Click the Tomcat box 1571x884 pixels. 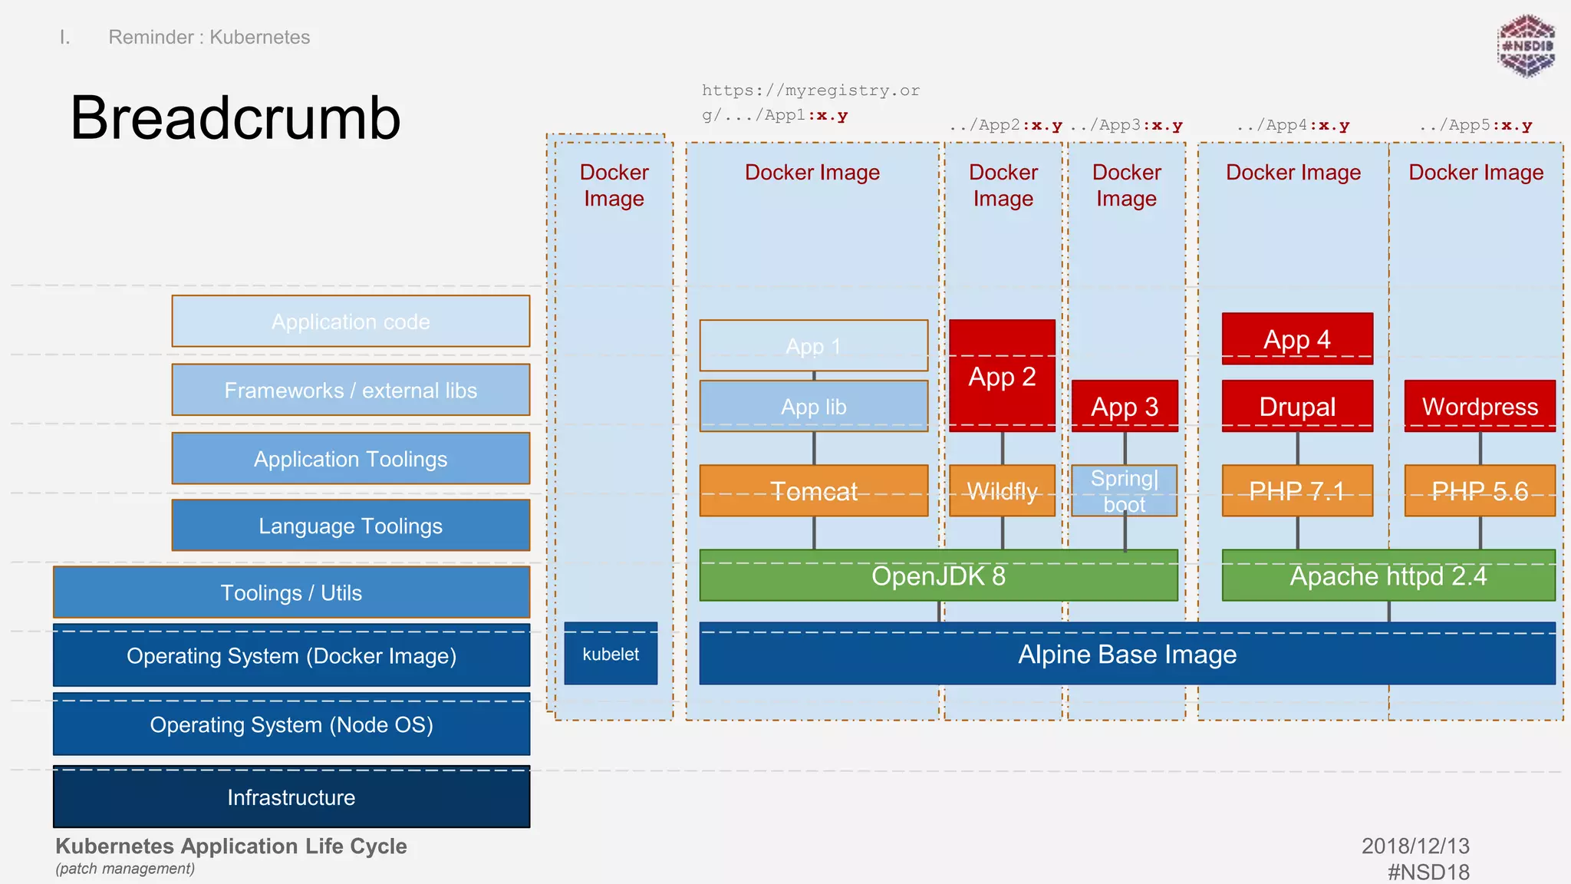click(x=813, y=491)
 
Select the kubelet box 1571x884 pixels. click(x=611, y=654)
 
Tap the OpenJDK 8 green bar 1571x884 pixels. click(x=937, y=576)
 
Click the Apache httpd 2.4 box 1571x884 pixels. click(x=1388, y=576)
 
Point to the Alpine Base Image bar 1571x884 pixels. click(x=1126, y=654)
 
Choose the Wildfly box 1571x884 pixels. click(x=1002, y=491)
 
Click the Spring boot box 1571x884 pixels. click(x=1124, y=491)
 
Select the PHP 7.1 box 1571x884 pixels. click(x=1296, y=491)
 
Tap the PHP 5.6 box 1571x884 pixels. click(x=1479, y=491)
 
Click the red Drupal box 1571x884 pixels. click(x=1296, y=406)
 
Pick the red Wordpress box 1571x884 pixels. click(x=1479, y=406)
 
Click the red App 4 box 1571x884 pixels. click(x=1296, y=338)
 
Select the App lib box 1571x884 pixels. click(x=813, y=407)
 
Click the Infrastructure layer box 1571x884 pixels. click(x=291, y=797)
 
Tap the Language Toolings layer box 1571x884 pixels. click(x=351, y=526)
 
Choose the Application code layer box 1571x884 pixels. click(x=351, y=322)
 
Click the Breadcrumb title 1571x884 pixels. click(x=235, y=118)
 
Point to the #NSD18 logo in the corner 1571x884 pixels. click(x=1526, y=46)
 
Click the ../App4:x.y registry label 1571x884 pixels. click(x=1293, y=125)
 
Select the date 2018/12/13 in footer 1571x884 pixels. click(x=1415, y=846)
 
